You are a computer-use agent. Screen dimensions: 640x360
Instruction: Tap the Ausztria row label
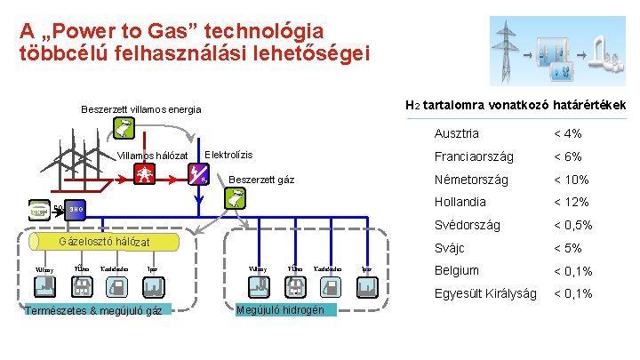tap(456, 133)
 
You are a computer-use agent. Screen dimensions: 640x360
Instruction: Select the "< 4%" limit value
tap(567, 133)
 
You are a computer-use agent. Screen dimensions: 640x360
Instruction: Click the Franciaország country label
tap(474, 156)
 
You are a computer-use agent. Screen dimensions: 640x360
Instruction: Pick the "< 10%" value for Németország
tap(571, 180)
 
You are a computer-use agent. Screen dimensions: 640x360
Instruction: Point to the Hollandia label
tap(460, 203)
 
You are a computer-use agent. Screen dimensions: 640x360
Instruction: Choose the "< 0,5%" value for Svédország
tap(573, 225)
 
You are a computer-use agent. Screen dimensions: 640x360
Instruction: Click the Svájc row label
tap(449, 248)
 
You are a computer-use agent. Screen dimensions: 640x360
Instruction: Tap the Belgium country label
tap(457, 270)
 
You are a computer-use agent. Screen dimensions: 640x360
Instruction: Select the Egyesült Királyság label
tap(484, 293)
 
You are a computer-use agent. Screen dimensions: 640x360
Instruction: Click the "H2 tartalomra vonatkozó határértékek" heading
tap(516, 105)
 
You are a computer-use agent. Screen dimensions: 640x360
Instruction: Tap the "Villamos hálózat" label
tap(153, 156)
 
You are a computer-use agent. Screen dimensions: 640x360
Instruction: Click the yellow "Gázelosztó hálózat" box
tap(104, 242)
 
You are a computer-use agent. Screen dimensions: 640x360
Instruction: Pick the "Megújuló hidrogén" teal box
tap(286, 309)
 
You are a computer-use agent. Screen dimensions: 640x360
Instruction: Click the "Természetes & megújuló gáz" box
tap(94, 311)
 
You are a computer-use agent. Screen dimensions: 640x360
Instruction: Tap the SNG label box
tap(77, 210)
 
